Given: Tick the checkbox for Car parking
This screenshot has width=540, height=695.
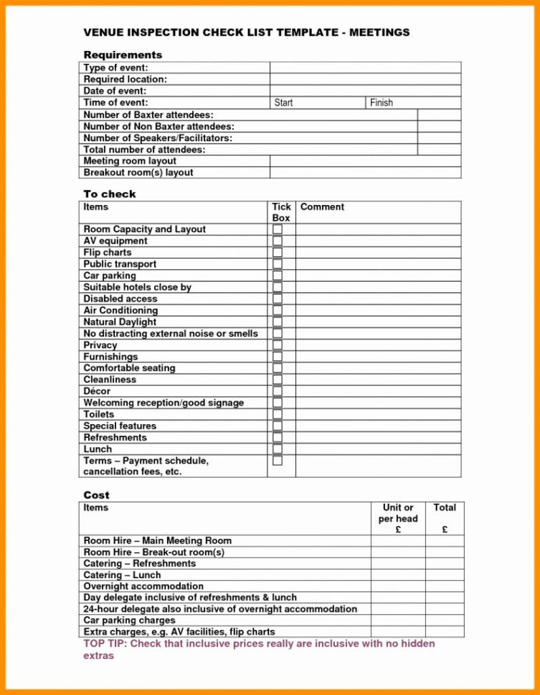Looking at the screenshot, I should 278,276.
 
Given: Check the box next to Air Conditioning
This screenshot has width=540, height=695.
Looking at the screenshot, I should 278,310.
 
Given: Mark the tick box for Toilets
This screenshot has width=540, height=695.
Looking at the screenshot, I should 278,414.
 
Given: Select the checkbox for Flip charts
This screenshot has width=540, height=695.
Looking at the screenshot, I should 278,253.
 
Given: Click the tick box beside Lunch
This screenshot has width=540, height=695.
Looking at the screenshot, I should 278,449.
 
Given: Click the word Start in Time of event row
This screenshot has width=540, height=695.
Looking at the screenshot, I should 284,103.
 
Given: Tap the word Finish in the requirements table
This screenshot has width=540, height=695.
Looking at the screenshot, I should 382,103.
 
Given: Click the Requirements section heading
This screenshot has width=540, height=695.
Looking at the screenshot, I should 123,55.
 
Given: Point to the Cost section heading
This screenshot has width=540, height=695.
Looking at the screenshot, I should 96,495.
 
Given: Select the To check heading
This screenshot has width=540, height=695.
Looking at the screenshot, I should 109,194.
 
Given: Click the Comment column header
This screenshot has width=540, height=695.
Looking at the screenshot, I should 322,207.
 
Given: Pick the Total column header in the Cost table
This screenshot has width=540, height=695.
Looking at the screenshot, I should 445,507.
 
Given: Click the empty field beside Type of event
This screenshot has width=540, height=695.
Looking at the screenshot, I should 365,68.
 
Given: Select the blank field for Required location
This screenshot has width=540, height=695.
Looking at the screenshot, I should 365,80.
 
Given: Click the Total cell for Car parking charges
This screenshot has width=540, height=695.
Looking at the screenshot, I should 445,620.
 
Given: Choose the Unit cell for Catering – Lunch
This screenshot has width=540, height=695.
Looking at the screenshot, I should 398,575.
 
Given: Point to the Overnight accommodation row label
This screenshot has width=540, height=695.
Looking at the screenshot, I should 143,586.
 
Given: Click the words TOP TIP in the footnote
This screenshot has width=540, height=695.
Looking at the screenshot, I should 105,644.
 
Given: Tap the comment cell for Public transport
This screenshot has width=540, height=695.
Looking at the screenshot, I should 378,264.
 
